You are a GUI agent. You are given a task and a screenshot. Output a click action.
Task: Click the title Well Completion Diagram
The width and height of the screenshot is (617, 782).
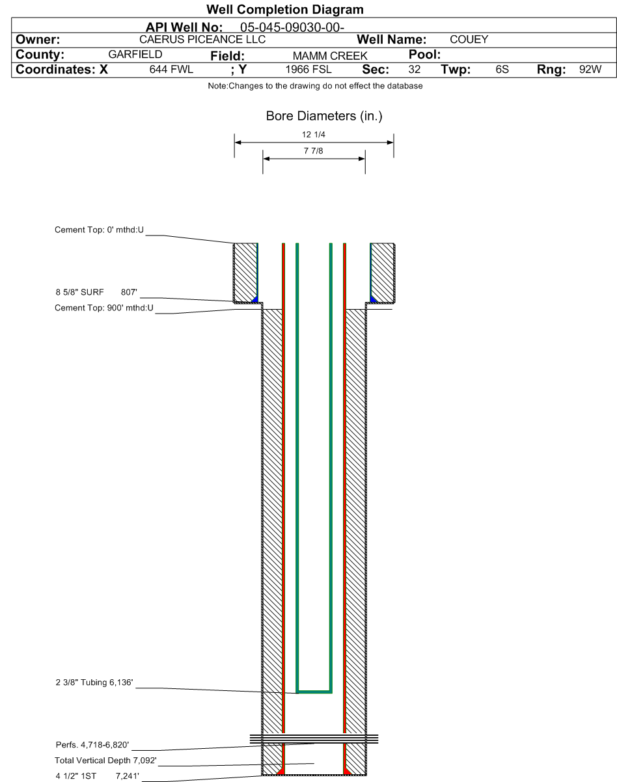pyautogui.click(x=284, y=10)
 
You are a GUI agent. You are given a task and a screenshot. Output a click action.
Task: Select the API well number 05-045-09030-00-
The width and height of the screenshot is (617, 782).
pyautogui.click(x=292, y=27)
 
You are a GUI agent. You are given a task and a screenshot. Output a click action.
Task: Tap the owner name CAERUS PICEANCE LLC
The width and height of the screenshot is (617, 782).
pyautogui.click(x=202, y=39)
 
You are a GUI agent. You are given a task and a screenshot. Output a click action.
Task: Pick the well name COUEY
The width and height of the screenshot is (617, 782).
pyautogui.click(x=469, y=39)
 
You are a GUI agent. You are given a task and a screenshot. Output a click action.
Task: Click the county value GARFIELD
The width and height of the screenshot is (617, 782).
pyautogui.click(x=135, y=55)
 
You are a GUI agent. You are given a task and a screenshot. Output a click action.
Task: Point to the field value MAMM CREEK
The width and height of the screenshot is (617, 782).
pyautogui.click(x=330, y=56)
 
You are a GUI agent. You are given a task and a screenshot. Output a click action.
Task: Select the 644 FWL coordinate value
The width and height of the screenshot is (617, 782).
pyautogui.click(x=171, y=70)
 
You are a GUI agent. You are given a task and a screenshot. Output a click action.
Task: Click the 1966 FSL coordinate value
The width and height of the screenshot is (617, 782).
pyautogui.click(x=308, y=70)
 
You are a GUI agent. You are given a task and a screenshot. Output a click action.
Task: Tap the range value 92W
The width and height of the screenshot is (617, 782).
pyautogui.click(x=590, y=70)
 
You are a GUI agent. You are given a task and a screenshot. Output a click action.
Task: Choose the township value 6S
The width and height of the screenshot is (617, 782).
pyautogui.click(x=502, y=70)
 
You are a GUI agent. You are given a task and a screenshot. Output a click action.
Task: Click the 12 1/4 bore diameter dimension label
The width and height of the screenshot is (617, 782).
pyautogui.click(x=314, y=135)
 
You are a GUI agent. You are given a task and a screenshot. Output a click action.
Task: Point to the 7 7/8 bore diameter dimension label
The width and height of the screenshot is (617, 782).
pyautogui.click(x=314, y=151)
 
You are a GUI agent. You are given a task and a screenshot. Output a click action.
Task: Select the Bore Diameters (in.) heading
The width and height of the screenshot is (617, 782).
pyautogui.click(x=324, y=116)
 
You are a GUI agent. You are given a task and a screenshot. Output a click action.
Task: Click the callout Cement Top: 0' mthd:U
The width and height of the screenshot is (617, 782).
pyautogui.click(x=100, y=230)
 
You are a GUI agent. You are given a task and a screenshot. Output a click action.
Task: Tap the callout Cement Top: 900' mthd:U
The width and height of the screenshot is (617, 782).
pyautogui.click(x=104, y=308)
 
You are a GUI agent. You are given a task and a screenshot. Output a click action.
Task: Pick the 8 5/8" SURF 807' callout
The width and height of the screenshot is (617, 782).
pyautogui.click(x=96, y=292)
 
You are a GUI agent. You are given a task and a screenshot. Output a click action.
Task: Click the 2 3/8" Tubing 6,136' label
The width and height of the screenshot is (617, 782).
pyautogui.click(x=94, y=682)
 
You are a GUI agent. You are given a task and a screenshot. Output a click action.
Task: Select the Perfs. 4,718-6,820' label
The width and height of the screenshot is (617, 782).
pyautogui.click(x=92, y=745)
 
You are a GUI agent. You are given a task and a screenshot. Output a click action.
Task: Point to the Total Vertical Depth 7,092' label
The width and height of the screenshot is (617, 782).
pyautogui.click(x=105, y=761)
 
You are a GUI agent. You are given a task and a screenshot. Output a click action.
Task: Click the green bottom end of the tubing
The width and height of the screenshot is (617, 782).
pyautogui.click(x=314, y=692)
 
